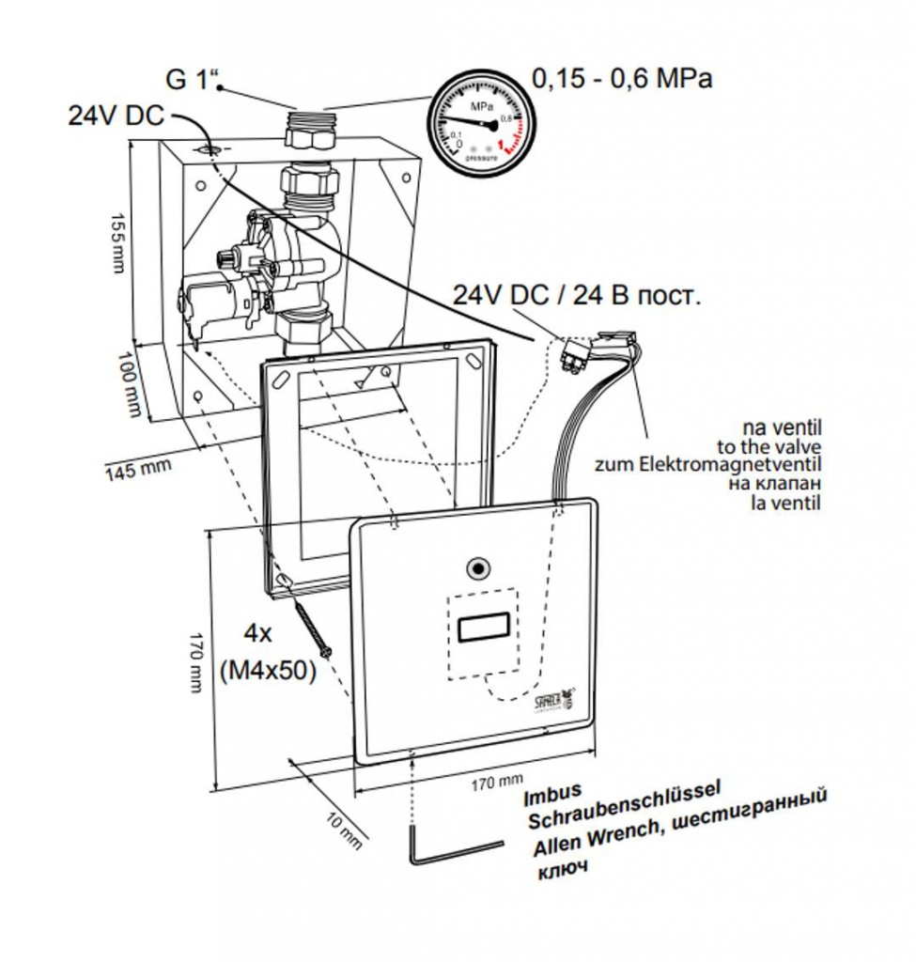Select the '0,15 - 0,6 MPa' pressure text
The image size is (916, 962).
coord(622,78)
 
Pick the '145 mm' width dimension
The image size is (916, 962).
coord(132,467)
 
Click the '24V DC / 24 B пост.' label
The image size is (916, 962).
coord(577,296)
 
